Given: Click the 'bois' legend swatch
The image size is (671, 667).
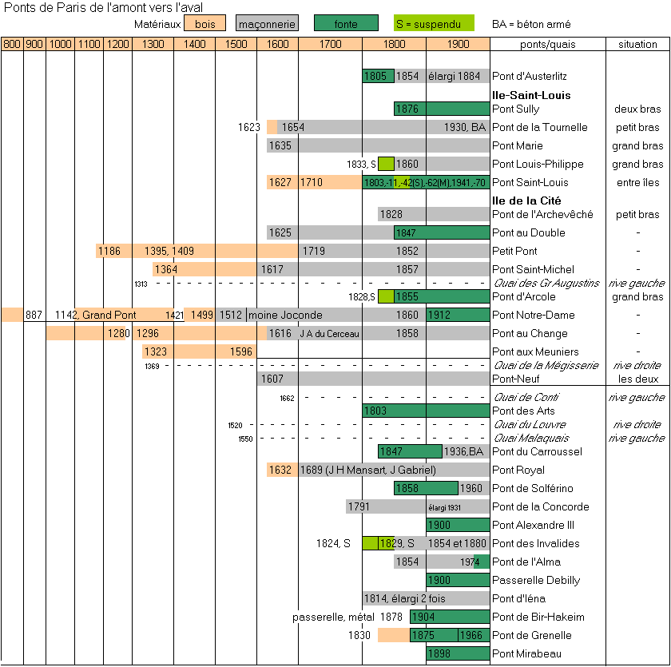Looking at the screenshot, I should [x=204, y=24].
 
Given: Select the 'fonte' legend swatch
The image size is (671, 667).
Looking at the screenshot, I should [x=346, y=24].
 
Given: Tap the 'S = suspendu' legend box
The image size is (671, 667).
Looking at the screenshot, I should [x=435, y=24].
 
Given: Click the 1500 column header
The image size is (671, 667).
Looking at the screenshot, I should [x=236, y=44].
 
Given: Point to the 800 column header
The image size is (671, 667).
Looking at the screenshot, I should [x=12, y=44].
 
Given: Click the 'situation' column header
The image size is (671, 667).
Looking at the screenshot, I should [x=637, y=44].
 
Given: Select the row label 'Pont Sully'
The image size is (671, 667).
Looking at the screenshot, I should [x=516, y=109].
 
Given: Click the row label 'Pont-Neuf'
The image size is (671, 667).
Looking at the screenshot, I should [x=514, y=379].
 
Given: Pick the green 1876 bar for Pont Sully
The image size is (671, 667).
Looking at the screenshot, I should [x=441, y=109].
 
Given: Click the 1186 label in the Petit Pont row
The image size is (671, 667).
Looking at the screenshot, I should [x=109, y=251].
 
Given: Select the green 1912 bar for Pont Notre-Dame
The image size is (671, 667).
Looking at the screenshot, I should [x=457, y=315].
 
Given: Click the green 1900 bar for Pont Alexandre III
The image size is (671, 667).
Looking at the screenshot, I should [x=457, y=525].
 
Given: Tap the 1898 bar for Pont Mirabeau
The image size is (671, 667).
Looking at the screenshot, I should [x=457, y=653].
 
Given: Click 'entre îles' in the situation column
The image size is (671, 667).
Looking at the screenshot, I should [x=637, y=182].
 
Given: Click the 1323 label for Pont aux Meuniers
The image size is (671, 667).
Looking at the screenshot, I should [x=157, y=351].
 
